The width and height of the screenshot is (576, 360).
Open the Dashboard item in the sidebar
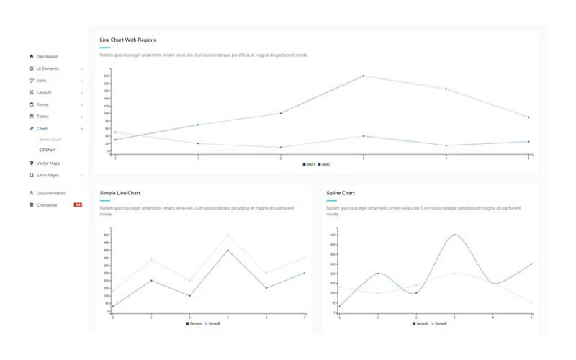pos(47,56)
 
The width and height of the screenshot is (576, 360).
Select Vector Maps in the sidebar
pos(48,163)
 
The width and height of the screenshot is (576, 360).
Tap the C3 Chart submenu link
pos(47,150)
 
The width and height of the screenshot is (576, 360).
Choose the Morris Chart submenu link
pos(50,139)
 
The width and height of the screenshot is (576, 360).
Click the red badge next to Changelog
pos(78,205)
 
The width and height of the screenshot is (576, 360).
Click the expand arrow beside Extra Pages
pos(81,175)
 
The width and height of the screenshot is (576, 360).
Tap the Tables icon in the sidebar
pos(31,116)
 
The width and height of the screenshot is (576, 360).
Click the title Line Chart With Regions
pos(128,40)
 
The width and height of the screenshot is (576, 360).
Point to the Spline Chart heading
pos(341,193)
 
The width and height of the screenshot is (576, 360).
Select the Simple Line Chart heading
pos(120,193)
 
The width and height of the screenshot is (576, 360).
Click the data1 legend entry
pos(308,165)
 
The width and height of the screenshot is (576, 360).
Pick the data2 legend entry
pos(324,165)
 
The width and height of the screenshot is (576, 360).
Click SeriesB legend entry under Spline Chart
pos(439,323)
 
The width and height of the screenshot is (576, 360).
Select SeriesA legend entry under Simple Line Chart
pos(193,323)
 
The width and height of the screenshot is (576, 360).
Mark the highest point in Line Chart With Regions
pos(363,76)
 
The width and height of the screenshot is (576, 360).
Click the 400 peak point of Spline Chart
pos(454,235)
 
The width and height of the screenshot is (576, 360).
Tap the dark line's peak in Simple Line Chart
pos(228,250)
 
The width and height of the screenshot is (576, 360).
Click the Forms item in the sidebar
pos(42,104)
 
